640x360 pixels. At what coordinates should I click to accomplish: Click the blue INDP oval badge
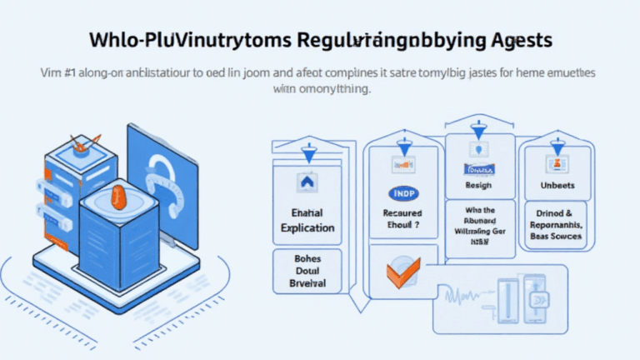[x=403, y=193]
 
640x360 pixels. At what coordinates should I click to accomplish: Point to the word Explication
[x=307, y=227]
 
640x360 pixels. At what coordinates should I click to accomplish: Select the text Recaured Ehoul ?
[x=403, y=218]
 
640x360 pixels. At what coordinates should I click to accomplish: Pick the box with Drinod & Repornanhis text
[x=555, y=224]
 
